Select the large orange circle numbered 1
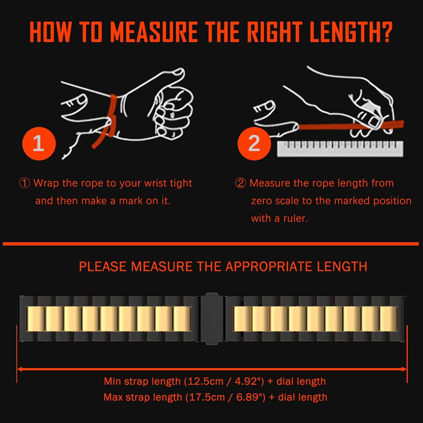[x=39, y=144]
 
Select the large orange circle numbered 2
[x=254, y=144]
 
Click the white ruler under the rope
[x=340, y=149]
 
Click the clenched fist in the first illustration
[x=172, y=113]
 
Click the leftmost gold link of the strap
[x=35, y=319]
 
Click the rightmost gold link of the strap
[x=388, y=319]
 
